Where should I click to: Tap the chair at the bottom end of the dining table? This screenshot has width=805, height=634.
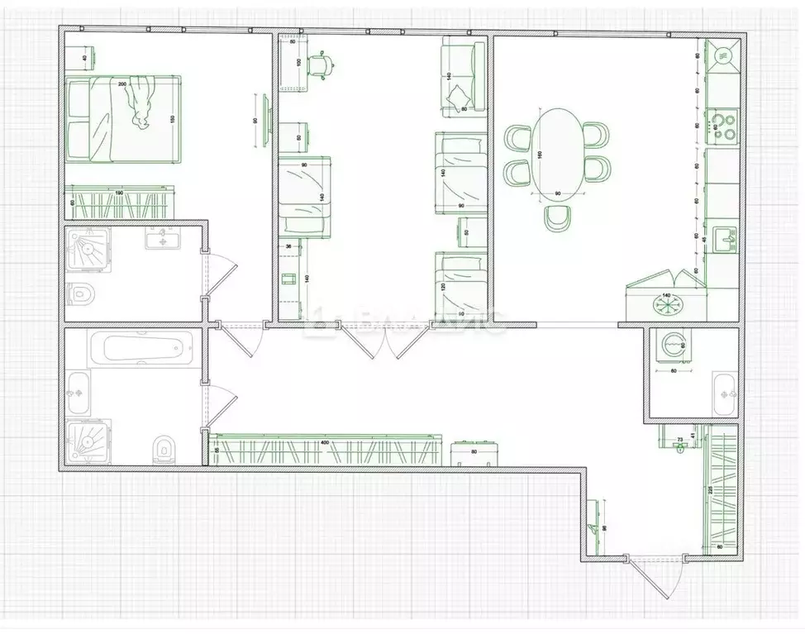558,218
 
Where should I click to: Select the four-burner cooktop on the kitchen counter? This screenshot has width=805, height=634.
725,125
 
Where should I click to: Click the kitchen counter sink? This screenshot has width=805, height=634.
727,238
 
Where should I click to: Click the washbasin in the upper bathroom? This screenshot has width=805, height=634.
162,240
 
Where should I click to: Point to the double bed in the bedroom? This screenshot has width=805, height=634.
122,121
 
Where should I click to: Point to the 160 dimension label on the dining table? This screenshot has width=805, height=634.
538,155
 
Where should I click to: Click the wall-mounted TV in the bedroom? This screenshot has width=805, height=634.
266,122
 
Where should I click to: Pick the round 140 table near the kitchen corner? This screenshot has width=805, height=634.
666,303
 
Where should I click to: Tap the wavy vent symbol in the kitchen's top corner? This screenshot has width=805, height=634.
722,55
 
